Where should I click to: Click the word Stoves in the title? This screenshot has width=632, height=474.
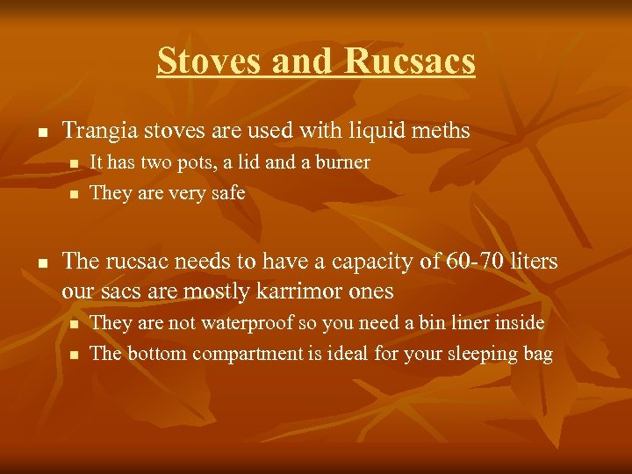click(x=209, y=61)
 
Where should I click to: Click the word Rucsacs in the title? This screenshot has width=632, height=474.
click(x=410, y=61)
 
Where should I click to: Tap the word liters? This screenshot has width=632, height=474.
click(x=534, y=261)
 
